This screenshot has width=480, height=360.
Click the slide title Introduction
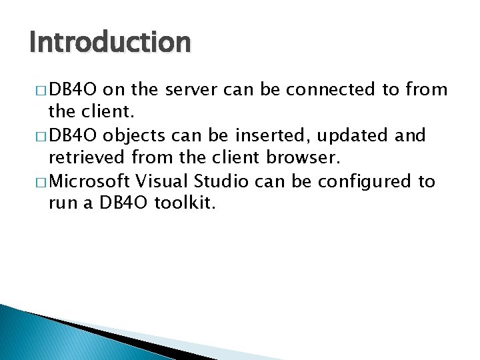pyautogui.click(x=110, y=42)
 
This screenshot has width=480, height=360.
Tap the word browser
pyautogui.click(x=301, y=159)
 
